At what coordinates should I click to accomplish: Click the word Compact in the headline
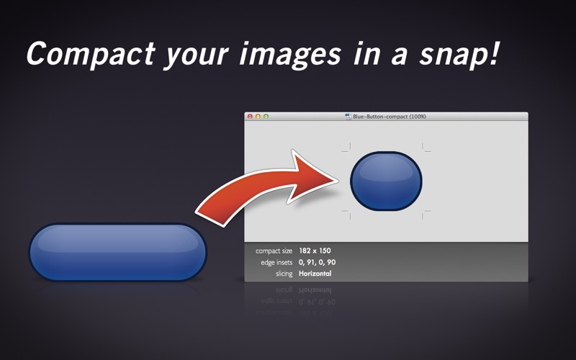point(91,54)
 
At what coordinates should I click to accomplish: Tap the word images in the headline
point(290,54)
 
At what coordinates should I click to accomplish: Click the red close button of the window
point(250,117)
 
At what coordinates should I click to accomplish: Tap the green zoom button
point(266,117)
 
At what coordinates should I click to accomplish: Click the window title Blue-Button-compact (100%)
point(390,117)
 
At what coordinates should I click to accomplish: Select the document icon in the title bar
point(348,117)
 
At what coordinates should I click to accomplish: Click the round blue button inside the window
point(386,181)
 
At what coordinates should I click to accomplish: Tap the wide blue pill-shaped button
point(118,252)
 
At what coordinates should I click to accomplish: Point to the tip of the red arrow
point(338,180)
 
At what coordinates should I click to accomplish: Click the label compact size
point(274,251)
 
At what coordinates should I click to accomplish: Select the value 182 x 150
point(315,251)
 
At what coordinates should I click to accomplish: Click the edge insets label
point(276,262)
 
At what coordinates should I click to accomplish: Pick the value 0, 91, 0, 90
point(317,262)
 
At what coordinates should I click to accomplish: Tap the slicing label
point(284,274)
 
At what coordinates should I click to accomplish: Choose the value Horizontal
point(315,274)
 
